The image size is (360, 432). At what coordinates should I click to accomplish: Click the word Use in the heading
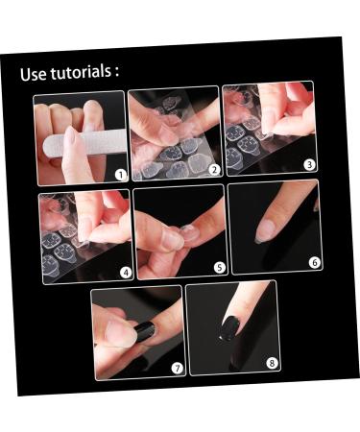[x=35, y=75]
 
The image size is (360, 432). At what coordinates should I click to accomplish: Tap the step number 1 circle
[x=120, y=175]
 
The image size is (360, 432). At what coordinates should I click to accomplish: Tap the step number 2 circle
[x=214, y=169]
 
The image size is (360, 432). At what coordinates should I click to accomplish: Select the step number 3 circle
[x=309, y=164]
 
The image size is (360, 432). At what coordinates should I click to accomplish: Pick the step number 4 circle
[x=125, y=272]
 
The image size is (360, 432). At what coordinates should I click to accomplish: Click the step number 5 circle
[x=219, y=267]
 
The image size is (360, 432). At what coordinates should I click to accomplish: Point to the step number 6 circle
[x=314, y=261]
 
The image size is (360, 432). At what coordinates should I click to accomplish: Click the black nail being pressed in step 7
[x=144, y=330]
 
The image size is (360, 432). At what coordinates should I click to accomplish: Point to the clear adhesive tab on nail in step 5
[x=188, y=233]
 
